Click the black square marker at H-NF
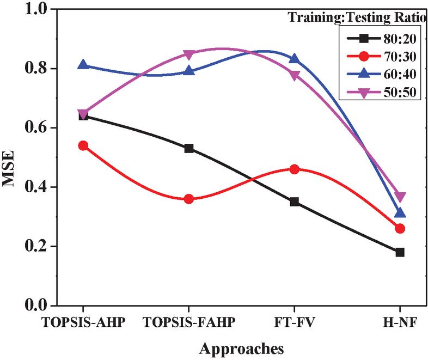[x=400, y=252]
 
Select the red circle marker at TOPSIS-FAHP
[x=189, y=199]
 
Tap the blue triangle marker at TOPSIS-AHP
[x=83, y=64]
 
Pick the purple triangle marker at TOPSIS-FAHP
[x=189, y=54]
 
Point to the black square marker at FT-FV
[x=295, y=202]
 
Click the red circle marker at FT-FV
[x=295, y=169]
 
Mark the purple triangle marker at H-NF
[x=400, y=197]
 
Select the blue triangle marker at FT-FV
[x=295, y=58]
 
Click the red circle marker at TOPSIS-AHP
[x=83, y=145]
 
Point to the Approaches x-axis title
[x=242, y=347]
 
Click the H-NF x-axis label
[x=400, y=322]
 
